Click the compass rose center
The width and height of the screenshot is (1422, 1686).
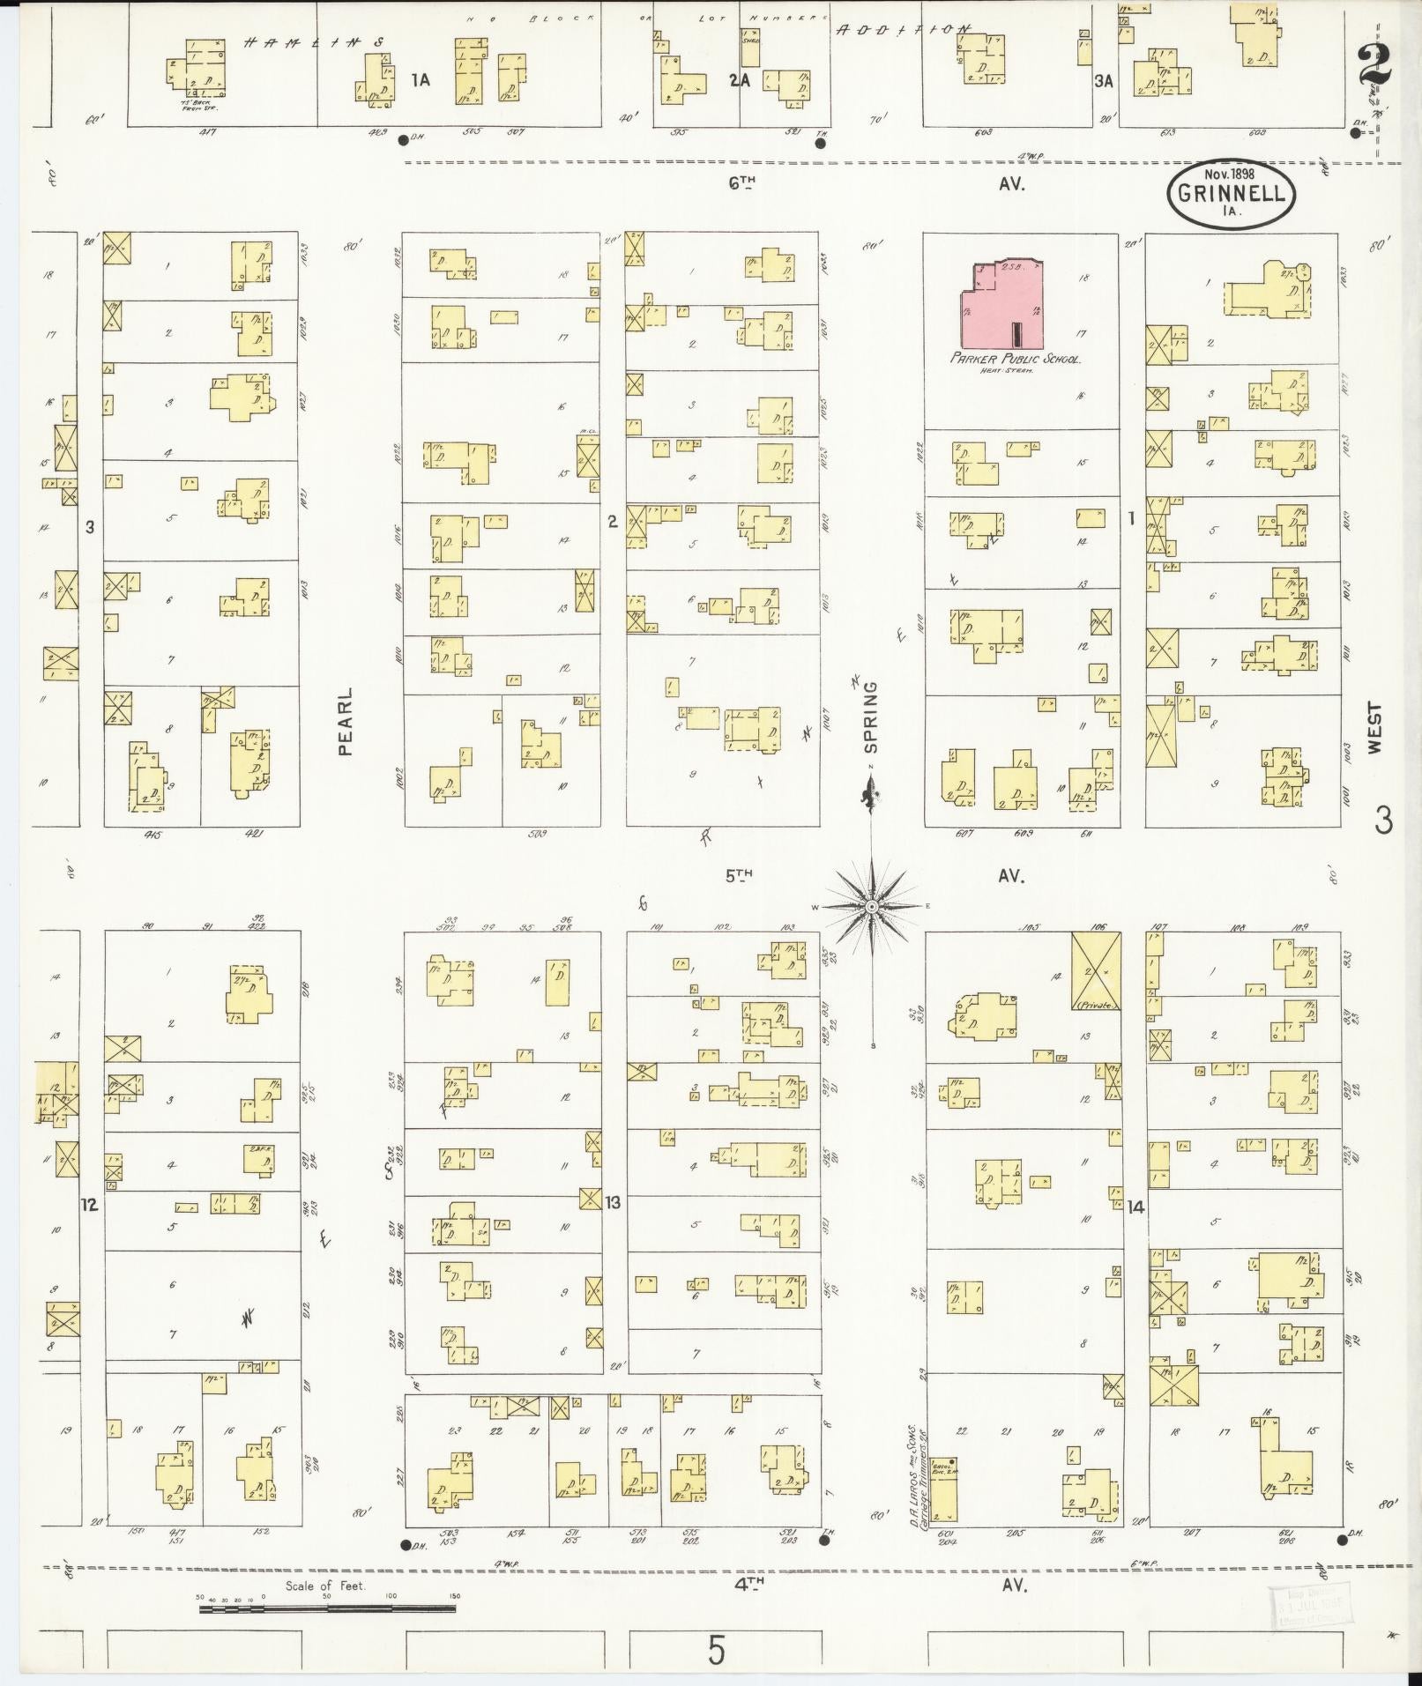(x=871, y=906)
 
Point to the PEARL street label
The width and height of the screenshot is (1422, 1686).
(x=345, y=721)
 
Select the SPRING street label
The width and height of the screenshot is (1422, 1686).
(x=871, y=716)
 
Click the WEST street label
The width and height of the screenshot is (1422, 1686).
(x=1375, y=727)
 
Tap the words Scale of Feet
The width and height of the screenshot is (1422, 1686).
(x=325, y=1586)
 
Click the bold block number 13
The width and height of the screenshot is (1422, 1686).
(x=613, y=1202)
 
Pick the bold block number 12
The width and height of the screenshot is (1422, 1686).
(x=89, y=1204)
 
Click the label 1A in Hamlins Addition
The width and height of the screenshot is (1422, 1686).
(x=421, y=80)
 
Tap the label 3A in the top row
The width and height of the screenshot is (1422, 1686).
(x=1104, y=82)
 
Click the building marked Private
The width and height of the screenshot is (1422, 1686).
(x=1096, y=971)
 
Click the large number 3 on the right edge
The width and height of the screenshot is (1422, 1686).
(x=1382, y=821)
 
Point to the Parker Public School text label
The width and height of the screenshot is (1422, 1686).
(x=1015, y=359)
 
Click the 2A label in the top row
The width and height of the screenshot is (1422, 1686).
(x=739, y=80)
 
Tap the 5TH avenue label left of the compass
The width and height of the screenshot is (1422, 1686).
(x=741, y=876)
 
